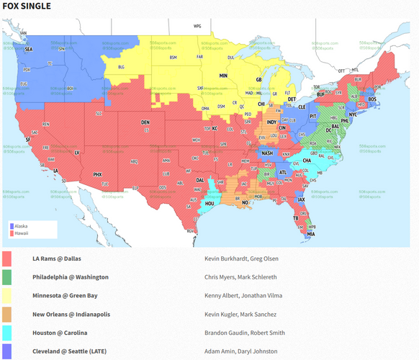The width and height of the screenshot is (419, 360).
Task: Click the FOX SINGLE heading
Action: click(x=27, y=6)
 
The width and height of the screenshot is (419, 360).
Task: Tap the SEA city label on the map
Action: click(x=29, y=49)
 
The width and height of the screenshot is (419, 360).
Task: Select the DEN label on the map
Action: click(x=145, y=122)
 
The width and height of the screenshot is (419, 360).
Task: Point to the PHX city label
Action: click(x=98, y=174)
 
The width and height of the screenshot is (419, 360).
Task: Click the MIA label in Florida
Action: click(x=310, y=234)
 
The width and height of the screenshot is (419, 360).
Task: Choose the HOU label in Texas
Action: click(x=209, y=204)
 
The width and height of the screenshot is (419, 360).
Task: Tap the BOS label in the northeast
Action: click(x=371, y=99)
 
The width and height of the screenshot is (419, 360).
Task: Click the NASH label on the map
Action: click(x=267, y=153)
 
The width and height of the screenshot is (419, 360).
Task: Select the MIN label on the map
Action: click(x=223, y=75)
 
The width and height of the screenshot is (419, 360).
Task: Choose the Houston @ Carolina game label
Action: click(x=60, y=333)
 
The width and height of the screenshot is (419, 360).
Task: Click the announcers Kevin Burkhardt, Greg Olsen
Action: click(x=241, y=258)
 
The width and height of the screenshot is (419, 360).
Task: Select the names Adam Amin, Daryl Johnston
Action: click(x=237, y=351)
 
